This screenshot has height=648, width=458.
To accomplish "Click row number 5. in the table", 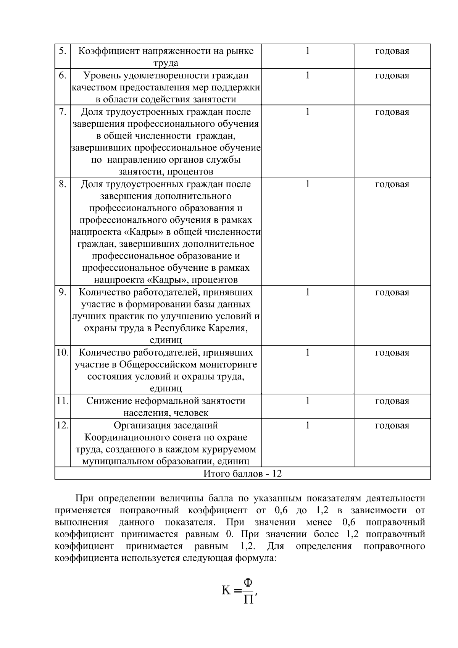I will coord(62,51).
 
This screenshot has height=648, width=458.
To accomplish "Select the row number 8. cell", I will coord(62,184).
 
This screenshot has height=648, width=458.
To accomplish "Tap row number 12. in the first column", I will coord(62,425).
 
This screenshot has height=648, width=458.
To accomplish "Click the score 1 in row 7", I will coord(308,112).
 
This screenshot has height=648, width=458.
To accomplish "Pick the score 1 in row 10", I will coord(308,352).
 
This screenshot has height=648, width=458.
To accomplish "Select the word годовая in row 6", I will coord(392,76).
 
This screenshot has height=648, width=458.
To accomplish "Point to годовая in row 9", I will coord(392,292).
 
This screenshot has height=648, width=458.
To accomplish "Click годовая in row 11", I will coord(392,401).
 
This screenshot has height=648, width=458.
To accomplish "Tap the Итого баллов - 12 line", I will coord(242,473).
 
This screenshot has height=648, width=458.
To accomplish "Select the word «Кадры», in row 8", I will coord(168,280).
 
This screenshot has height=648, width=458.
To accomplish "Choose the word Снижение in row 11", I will coord(109,401).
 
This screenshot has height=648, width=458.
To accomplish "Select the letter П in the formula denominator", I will coord(248,600).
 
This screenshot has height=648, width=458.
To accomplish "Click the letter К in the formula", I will coord(226,591).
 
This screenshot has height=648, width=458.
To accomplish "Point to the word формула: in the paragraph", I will coord(255,558).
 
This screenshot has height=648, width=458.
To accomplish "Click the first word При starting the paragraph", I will coord(85,498).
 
